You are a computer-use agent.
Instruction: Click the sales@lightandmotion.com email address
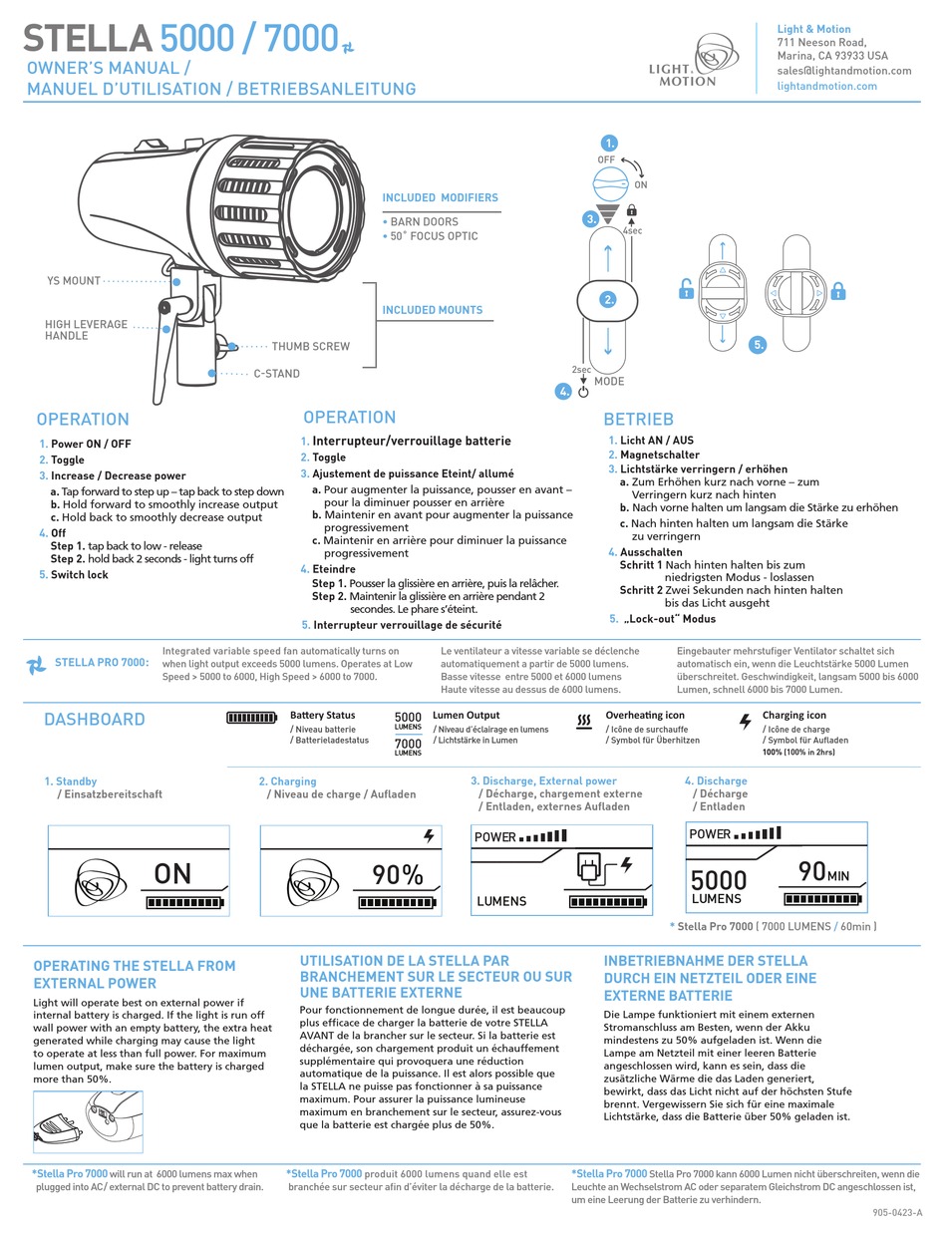click(x=843, y=71)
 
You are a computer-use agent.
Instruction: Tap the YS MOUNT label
click(x=73, y=281)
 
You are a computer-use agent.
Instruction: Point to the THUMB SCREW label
click(x=310, y=347)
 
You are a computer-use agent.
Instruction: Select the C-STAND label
click(x=276, y=374)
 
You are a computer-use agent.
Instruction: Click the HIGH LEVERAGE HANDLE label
click(x=86, y=330)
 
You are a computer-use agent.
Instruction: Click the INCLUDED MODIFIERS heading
click(x=440, y=197)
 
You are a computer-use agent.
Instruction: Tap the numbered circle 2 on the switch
click(x=608, y=298)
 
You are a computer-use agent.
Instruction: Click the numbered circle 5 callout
click(x=759, y=345)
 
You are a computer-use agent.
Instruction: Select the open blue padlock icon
click(x=686, y=290)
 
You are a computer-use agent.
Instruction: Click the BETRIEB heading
click(x=638, y=420)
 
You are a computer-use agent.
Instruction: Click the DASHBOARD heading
click(x=94, y=720)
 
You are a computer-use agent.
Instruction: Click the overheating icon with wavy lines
click(x=585, y=721)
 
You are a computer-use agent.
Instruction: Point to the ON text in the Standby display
click(x=172, y=874)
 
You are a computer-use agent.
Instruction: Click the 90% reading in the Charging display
click(x=398, y=875)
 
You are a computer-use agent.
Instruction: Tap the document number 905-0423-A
click(x=897, y=1212)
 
